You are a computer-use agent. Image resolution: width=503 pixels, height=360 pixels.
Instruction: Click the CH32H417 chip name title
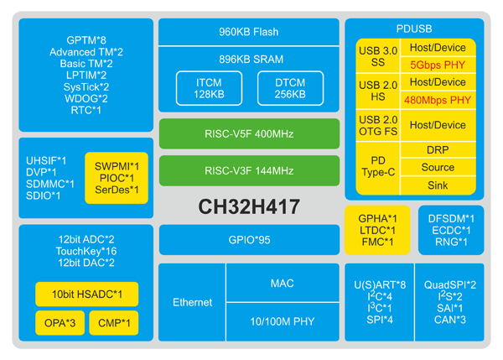[x=249, y=206]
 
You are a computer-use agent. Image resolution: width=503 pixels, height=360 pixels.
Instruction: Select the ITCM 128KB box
[x=209, y=88]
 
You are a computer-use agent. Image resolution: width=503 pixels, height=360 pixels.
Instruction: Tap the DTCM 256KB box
[x=290, y=88]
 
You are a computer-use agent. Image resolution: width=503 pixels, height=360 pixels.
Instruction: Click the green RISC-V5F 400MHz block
[x=249, y=133]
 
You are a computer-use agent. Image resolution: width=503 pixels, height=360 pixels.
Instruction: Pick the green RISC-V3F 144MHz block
[x=249, y=170]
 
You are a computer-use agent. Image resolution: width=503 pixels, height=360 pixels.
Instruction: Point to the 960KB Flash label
[x=249, y=32]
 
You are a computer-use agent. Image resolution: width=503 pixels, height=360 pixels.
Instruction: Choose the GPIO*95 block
[x=249, y=240]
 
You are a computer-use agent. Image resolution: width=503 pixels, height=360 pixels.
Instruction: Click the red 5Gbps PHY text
[x=438, y=65]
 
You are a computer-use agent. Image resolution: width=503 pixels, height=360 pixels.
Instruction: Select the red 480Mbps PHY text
[x=438, y=100]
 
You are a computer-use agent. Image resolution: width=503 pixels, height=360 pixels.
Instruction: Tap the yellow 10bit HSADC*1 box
[x=86, y=295]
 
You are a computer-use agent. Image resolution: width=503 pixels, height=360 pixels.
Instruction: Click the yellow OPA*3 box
[x=60, y=323]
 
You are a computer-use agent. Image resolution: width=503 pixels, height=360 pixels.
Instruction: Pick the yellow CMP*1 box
[x=114, y=323]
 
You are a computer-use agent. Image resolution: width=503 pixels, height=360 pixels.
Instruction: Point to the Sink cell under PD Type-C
[x=438, y=185]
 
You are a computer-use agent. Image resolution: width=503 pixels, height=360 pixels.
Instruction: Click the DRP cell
[x=438, y=149]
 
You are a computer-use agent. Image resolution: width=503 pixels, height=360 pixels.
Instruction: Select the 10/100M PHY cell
[x=283, y=321]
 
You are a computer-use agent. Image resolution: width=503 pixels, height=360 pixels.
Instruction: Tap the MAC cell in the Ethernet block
[x=283, y=283]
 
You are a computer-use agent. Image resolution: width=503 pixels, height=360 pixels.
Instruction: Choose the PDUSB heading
[x=414, y=29]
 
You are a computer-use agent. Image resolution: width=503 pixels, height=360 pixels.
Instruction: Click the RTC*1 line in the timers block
[x=86, y=110]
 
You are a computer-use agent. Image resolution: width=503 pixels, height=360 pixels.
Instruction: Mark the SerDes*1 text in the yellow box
[x=117, y=190]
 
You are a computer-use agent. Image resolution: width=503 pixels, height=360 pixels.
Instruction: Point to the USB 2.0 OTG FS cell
[x=378, y=125]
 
